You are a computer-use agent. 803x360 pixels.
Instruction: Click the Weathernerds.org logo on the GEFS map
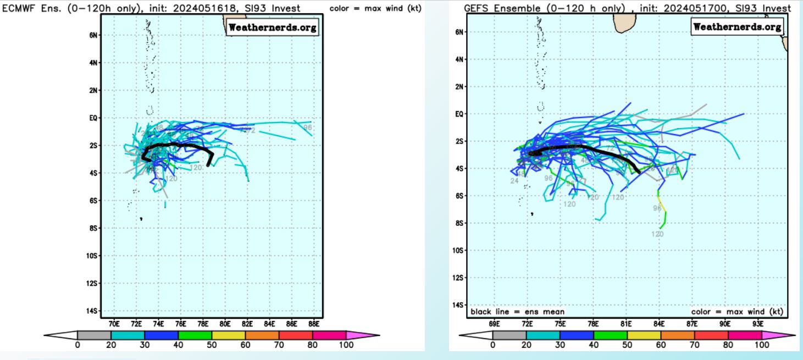tap(738, 27)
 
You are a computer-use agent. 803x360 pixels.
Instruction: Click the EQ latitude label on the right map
tap(460, 114)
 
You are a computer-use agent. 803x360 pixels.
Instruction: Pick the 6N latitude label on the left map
tap(94, 35)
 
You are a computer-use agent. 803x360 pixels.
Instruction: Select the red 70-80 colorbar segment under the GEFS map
tap(711, 335)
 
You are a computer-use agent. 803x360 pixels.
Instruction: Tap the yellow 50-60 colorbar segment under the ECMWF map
tap(229, 335)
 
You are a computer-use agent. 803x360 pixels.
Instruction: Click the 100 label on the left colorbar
tap(346, 345)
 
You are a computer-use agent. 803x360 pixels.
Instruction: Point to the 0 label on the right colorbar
tap(492, 345)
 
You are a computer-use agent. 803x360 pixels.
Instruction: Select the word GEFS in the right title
tap(476, 9)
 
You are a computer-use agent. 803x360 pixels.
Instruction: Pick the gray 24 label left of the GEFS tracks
tap(514, 181)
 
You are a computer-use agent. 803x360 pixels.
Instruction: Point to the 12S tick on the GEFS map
tap(459, 278)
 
